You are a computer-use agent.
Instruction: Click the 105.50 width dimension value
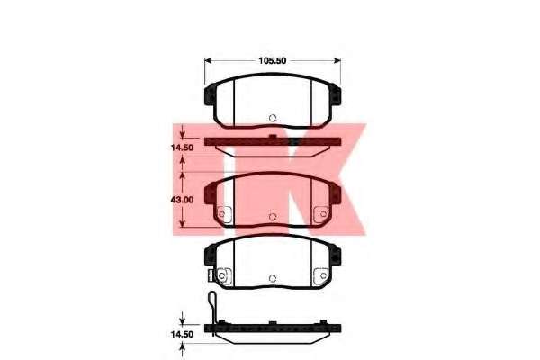pos(273,60)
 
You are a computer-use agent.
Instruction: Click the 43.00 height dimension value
pos(182,200)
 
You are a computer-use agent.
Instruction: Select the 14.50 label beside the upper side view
pos(182,148)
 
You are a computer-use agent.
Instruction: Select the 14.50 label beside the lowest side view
pos(182,334)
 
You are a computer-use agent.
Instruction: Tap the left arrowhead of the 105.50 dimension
pos(208,60)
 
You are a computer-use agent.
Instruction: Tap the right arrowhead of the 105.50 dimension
pos(337,60)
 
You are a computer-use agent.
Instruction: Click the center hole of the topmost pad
pos(273,118)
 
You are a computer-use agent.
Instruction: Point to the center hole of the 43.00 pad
pos(273,217)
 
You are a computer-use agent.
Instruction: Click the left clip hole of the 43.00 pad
pos(221,214)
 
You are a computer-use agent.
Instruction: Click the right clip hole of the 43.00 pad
pos(323,214)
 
